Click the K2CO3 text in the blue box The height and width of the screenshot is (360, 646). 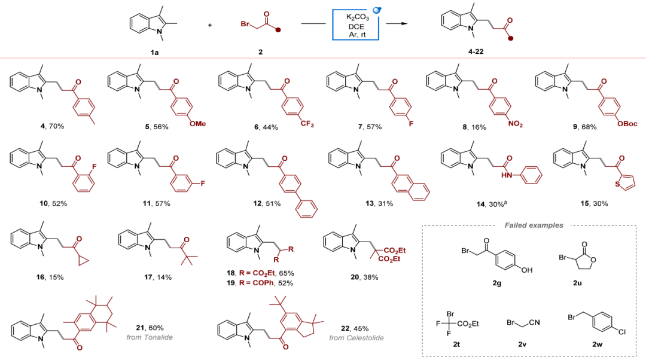(358, 18)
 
